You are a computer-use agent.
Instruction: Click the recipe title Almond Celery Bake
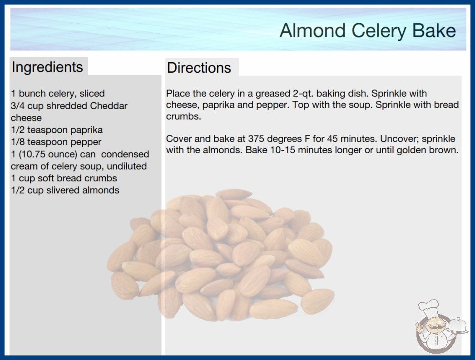coord(367,30)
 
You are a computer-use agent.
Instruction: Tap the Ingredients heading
coord(47,67)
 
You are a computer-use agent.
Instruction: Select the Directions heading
coord(199,68)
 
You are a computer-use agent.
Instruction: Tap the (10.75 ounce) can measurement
coord(57,154)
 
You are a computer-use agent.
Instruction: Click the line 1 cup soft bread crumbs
coord(64,178)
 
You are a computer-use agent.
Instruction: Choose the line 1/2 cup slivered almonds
coord(65,190)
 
